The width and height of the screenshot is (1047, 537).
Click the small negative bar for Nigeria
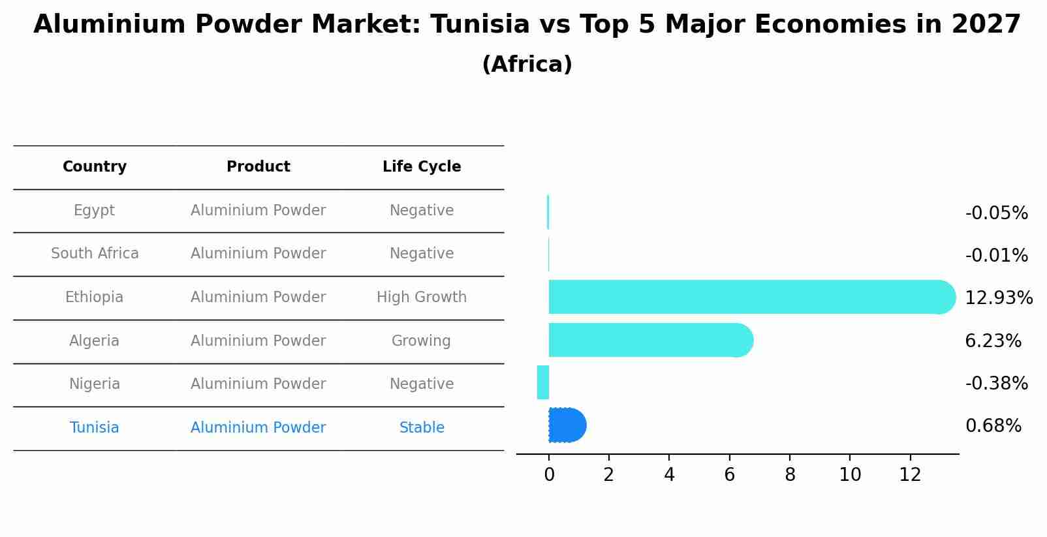coord(543,382)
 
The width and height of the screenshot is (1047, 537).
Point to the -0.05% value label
coord(996,213)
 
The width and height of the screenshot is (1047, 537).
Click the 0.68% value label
coord(993,426)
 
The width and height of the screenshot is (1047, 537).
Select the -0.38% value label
coord(996,383)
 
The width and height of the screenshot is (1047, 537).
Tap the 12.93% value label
coord(998,298)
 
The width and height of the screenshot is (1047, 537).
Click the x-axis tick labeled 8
coord(790,475)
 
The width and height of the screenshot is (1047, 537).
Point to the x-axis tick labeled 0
coord(549,475)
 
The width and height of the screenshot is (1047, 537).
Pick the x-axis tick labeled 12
coord(910,475)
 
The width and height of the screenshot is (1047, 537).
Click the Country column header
coord(95,167)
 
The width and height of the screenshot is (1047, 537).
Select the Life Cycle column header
coord(422,167)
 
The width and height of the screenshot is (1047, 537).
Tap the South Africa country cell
coord(95,254)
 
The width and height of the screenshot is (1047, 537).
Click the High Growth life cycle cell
coord(422,298)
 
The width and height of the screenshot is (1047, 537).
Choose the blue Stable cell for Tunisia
coord(422,428)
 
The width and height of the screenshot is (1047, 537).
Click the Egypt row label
coord(94,211)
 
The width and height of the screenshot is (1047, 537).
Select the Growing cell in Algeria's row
coord(421,341)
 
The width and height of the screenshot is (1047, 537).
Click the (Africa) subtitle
coord(527,65)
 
